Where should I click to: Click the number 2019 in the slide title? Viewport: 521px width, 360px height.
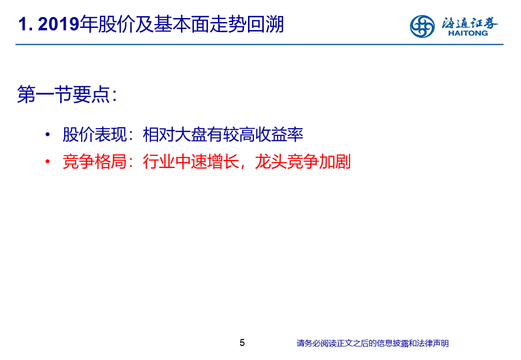coord(59,24)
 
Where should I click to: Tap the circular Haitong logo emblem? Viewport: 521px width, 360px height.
coord(422,26)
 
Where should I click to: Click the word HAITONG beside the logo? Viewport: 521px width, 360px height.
coord(468,33)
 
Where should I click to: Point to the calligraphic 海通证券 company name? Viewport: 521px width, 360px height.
coord(469,23)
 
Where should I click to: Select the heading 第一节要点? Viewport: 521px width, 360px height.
coord(64,94)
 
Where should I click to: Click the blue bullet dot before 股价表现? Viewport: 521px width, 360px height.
coord(48,135)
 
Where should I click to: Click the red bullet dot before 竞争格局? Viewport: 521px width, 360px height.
coord(48,161)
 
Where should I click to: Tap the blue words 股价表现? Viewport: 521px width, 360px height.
coord(95,135)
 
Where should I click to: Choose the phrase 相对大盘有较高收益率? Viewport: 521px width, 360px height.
coord(223,135)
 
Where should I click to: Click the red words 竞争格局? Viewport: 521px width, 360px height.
coord(95,161)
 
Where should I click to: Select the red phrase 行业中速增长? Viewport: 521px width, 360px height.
coord(191,161)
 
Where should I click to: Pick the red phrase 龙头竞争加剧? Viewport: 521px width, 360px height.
coord(303,161)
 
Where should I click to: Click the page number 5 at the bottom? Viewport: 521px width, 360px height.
coord(242,342)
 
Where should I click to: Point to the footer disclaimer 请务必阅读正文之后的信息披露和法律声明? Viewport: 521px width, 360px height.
coord(373,343)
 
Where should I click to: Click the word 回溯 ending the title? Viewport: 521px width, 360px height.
coord(265,24)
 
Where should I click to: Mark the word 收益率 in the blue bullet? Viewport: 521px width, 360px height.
coord(279,135)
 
